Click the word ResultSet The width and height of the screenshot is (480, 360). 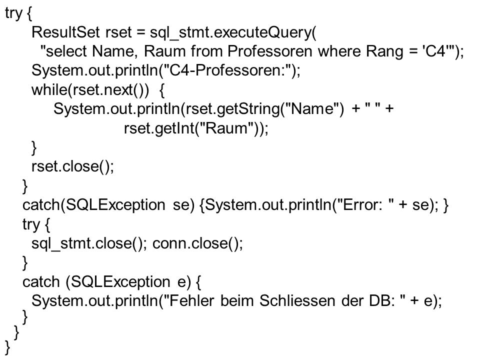(65, 32)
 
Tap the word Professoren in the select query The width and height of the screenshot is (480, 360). (269, 51)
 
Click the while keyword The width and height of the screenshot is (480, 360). (50, 89)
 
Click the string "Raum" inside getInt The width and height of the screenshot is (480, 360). (225, 128)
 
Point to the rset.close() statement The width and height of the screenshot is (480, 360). (72, 167)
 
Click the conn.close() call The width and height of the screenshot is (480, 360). (197, 243)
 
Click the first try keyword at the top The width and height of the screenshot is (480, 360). (14, 14)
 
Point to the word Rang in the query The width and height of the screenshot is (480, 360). (385, 52)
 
